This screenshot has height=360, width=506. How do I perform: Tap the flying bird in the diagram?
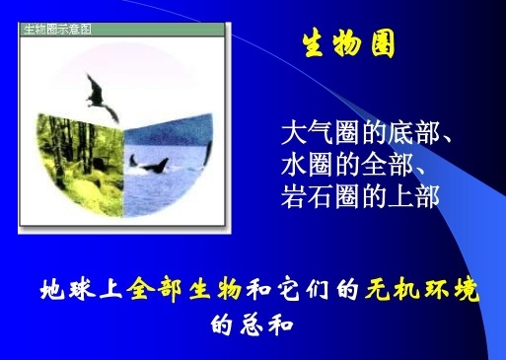(95, 92)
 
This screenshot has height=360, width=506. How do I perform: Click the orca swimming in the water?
(153, 164)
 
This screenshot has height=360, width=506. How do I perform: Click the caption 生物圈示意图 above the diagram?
(57, 29)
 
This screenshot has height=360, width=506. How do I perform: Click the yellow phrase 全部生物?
(184, 292)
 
